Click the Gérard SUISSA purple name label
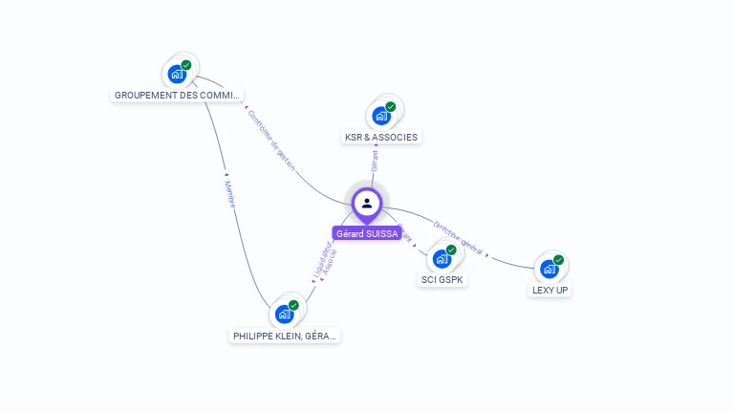[x=367, y=233]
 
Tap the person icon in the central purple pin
[x=367, y=203]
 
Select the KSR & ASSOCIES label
[x=381, y=138]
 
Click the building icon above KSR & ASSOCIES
[x=381, y=116]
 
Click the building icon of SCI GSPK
[x=442, y=258]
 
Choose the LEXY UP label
[x=550, y=290]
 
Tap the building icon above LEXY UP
[x=549, y=269]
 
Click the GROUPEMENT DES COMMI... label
[x=178, y=96]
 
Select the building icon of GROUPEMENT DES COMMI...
[x=177, y=74]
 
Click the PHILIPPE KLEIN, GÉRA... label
[x=285, y=337]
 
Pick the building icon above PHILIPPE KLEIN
[x=284, y=314]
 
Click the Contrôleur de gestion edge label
[x=270, y=141]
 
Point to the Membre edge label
[x=229, y=195]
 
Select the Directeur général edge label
[x=458, y=236]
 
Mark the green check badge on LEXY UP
[x=559, y=259]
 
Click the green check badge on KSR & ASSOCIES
[x=391, y=106]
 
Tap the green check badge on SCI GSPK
[x=451, y=250]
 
